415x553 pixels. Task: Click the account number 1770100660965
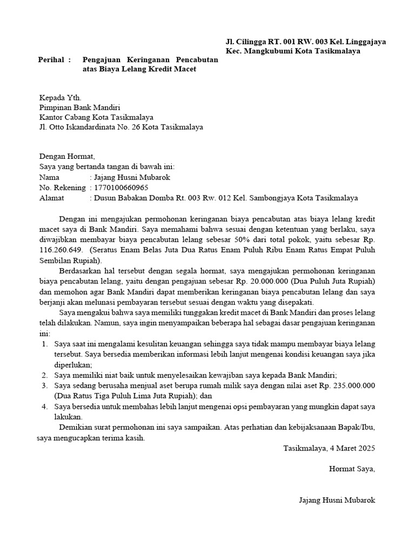click(121, 187)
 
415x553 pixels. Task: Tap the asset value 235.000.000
click(349, 385)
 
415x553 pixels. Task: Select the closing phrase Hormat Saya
click(352, 469)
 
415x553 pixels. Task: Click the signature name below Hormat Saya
click(337, 500)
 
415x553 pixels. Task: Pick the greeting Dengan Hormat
click(67, 156)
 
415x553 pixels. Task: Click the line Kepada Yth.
click(60, 98)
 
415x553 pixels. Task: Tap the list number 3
click(44, 385)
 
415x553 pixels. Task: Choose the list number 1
click(44, 344)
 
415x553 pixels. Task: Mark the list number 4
click(44, 406)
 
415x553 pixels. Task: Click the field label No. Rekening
click(63, 187)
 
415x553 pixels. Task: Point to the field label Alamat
click(52, 198)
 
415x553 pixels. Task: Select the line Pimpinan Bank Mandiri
click(80, 107)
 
